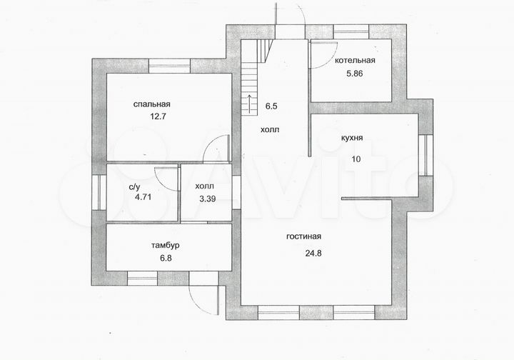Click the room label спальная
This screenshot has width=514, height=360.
(x=151, y=104)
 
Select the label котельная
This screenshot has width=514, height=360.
(x=355, y=61)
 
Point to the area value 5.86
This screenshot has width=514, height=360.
(x=355, y=74)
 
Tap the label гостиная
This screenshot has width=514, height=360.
(x=304, y=236)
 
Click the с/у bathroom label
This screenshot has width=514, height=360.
(x=133, y=187)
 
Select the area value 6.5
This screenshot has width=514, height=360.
(x=271, y=106)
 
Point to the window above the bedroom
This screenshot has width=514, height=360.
(x=168, y=68)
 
